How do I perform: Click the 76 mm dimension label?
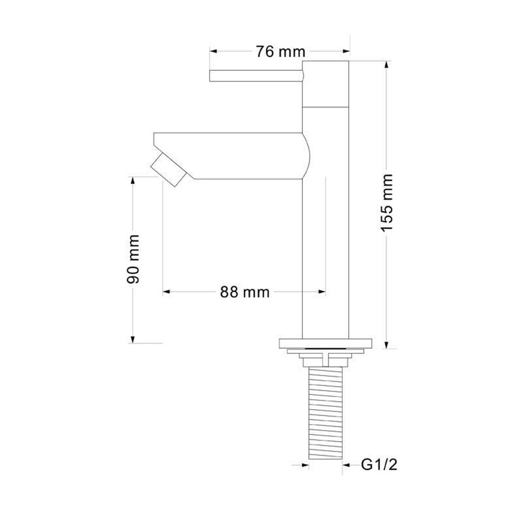click(x=281, y=52)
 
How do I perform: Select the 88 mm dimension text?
click(x=245, y=292)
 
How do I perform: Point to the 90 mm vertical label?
click(x=134, y=259)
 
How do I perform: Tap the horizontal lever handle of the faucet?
click(x=256, y=75)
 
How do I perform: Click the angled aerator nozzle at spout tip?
click(x=168, y=169)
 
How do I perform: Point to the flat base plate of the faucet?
click(x=326, y=343)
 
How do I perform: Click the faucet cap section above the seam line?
click(x=326, y=83)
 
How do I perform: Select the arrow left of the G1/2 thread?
click(x=303, y=464)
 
